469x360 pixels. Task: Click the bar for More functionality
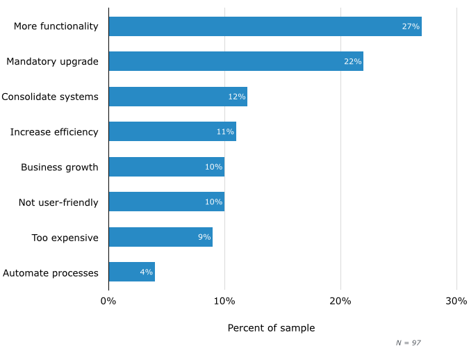coord(265,26)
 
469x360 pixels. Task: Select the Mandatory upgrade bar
coord(236,61)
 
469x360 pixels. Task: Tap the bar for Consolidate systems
coord(178,97)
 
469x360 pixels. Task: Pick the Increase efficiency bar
coord(172,131)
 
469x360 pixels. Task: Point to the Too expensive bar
coord(161,237)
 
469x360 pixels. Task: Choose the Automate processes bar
coord(131,272)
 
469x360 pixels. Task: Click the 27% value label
coord(411,26)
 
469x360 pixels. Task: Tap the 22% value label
coord(352,61)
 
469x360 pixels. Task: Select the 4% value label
coord(146,272)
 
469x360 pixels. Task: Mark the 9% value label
coord(204,237)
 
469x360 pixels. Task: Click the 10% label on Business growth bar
coord(213,167)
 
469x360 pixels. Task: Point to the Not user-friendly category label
coord(58,202)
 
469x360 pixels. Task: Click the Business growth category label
coord(60,167)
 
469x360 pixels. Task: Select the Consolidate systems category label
coord(50,97)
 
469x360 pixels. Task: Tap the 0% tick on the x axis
coord(108,301)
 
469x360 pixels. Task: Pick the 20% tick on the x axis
coord(340,301)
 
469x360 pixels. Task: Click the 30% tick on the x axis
coord(456,301)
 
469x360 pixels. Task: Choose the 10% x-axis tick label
coord(224,301)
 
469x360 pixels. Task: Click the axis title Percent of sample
coord(271,328)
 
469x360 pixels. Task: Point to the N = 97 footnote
coord(409,343)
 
